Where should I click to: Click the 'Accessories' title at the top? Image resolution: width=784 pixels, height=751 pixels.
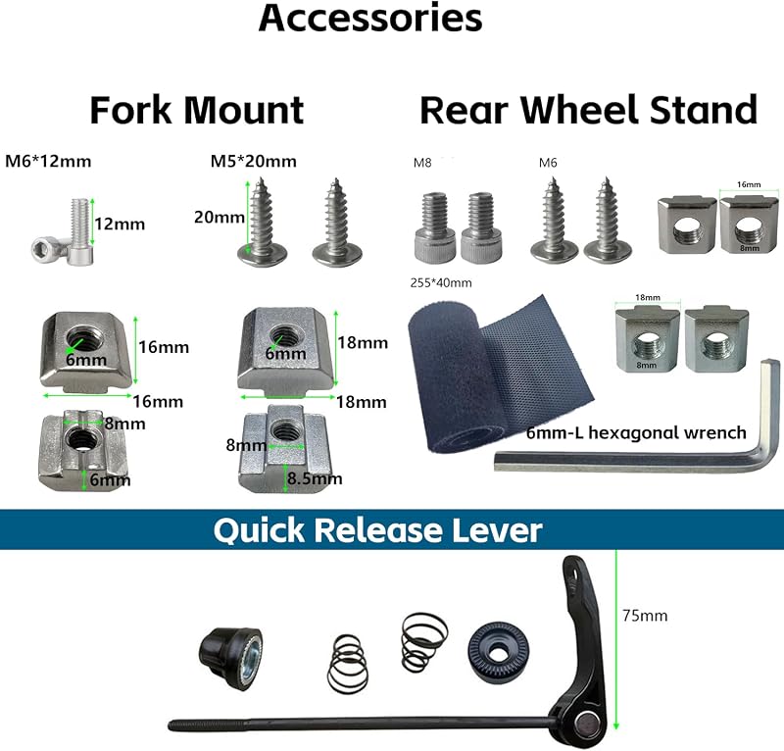(x=370, y=18)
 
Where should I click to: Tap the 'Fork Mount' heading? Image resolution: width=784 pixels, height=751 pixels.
(x=197, y=110)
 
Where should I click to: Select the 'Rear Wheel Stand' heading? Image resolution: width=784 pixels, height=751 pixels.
(x=589, y=110)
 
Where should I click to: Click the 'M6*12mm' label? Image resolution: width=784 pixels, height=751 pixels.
(x=48, y=161)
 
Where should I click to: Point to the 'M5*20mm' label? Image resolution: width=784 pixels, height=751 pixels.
(x=254, y=161)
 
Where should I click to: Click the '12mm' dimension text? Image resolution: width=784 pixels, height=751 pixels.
(x=120, y=224)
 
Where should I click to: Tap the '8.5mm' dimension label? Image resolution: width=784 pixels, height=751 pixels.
(x=315, y=478)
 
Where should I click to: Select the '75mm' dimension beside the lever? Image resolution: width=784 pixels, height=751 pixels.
(x=645, y=616)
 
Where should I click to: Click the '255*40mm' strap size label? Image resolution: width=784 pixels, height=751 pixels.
(x=441, y=282)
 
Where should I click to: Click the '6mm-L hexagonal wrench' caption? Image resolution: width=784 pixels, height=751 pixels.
(x=636, y=432)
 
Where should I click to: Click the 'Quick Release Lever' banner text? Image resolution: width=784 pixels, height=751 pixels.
(x=377, y=529)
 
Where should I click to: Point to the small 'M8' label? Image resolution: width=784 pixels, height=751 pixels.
(x=422, y=163)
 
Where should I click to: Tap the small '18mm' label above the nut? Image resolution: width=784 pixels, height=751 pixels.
(x=648, y=297)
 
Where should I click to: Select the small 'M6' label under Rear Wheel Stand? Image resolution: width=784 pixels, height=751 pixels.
(x=548, y=163)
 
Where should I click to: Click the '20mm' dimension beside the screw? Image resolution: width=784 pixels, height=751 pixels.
(x=220, y=217)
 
